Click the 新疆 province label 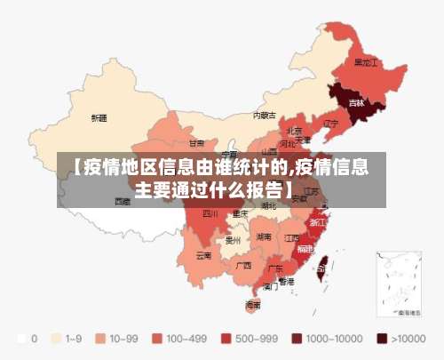tap(99, 117)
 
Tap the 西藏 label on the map tap(123, 201)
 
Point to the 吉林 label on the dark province tap(356, 102)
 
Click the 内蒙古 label tap(264, 115)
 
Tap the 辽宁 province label tap(331, 123)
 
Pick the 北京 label tap(294, 130)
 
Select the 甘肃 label tap(196, 142)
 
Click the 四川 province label tap(210, 213)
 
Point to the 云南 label tap(203, 255)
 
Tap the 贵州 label tap(234, 240)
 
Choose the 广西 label tap(243, 265)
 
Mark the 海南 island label tap(253, 304)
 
